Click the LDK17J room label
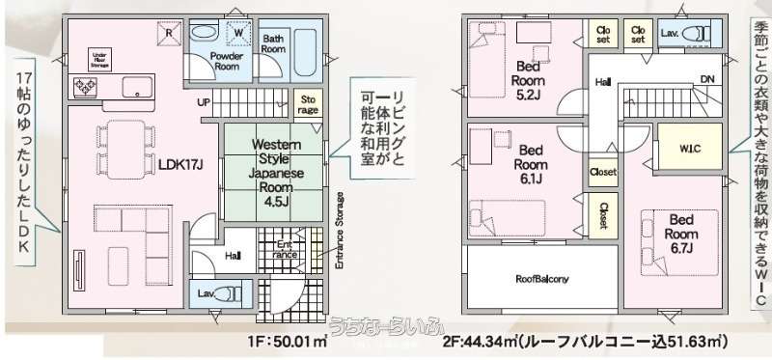tap(180, 164)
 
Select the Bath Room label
tap(275, 42)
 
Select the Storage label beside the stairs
tap(308, 104)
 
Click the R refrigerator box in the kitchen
tap(169, 32)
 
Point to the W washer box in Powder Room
tap(235, 32)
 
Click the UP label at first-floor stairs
tap(204, 101)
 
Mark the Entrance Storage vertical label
tap(340, 231)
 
